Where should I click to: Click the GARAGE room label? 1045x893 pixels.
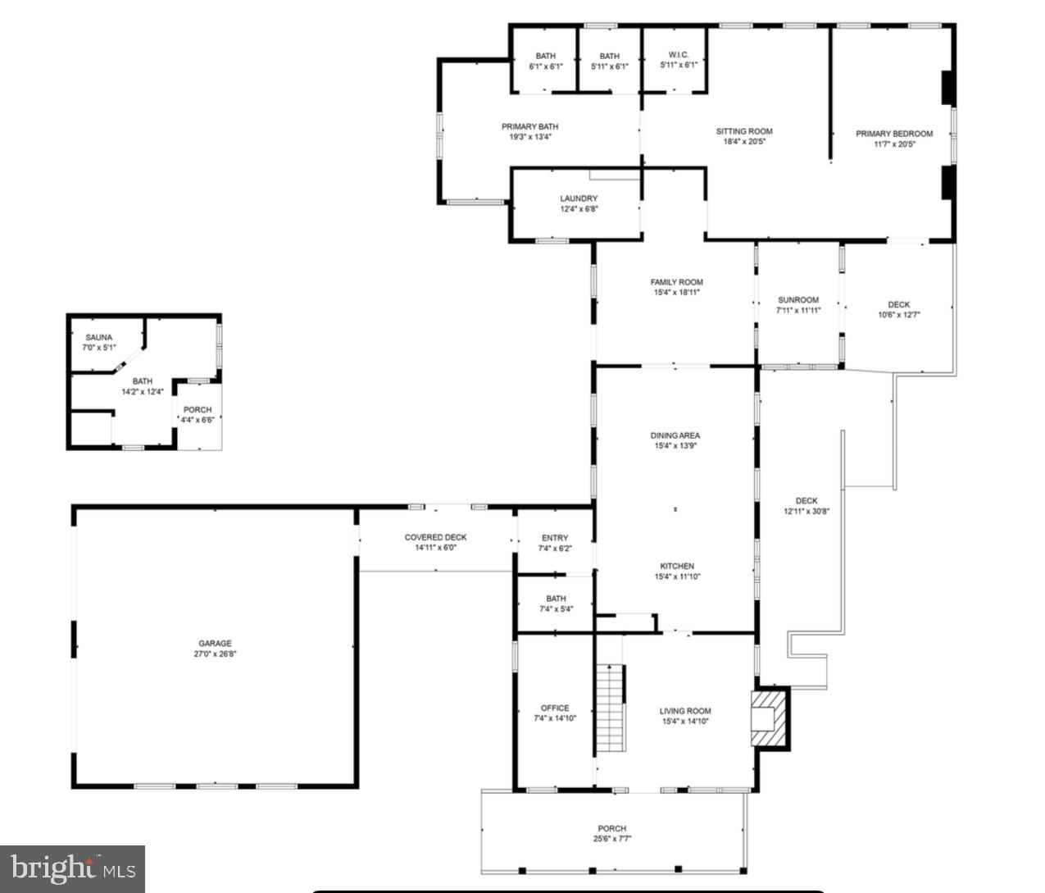point(215,644)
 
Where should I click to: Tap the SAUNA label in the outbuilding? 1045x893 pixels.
point(99,337)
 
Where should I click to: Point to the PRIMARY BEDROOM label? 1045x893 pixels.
point(894,134)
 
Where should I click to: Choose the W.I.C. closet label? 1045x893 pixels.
point(679,55)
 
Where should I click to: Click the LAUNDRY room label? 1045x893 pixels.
point(579,198)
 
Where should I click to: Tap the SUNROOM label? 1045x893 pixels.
point(798,300)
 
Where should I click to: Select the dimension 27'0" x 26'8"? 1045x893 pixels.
point(215,654)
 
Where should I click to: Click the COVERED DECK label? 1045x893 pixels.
point(435,537)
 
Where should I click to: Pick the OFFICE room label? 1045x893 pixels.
point(555,708)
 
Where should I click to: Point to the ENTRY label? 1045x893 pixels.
point(555,538)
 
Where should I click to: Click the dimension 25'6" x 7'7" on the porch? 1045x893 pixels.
point(612,839)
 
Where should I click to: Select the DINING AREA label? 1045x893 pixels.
point(676,435)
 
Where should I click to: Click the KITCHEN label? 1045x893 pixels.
point(677,566)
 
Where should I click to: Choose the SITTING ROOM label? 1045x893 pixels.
point(744,131)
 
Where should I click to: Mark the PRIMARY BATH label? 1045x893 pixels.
point(530,126)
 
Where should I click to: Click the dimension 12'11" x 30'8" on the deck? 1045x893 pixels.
point(806,512)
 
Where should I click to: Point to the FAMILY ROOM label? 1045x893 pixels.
point(677,282)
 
